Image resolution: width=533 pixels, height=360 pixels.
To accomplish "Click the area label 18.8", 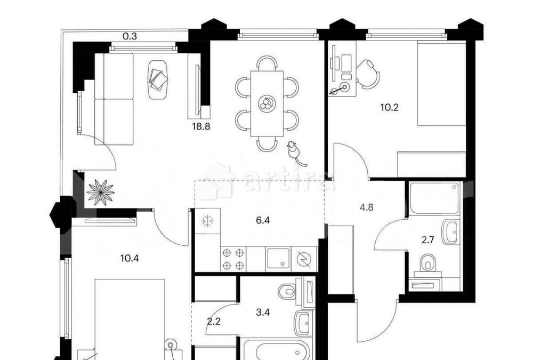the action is click(201, 127).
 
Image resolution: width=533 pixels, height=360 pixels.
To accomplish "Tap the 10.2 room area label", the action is click(389, 108).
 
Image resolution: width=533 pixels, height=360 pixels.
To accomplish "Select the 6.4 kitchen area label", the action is click(263, 220).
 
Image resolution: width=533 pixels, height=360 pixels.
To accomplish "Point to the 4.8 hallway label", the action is click(367, 207).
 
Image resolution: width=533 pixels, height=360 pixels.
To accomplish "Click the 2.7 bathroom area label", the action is click(427, 240).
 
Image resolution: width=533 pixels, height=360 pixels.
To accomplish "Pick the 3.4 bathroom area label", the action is click(263, 312).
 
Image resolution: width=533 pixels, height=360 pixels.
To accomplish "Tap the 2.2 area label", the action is click(214, 321).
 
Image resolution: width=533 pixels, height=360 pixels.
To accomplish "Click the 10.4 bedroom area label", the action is click(130, 258).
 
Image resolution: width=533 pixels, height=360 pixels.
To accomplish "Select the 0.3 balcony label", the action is click(130, 36).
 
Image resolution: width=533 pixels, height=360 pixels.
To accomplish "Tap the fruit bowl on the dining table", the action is click(267, 104).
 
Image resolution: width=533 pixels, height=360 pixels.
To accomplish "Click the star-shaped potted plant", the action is click(100, 193).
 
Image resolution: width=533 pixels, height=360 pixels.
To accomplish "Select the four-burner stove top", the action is click(233, 259).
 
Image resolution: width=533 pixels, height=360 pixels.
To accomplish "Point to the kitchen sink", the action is click(278, 259).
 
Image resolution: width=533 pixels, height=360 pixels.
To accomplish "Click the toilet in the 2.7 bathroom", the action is click(428, 263).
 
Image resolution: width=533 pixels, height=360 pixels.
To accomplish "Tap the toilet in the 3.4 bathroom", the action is click(288, 291).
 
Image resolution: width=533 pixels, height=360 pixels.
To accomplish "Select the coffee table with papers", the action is click(158, 79).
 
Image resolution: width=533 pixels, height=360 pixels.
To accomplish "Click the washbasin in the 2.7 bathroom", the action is click(450, 232).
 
